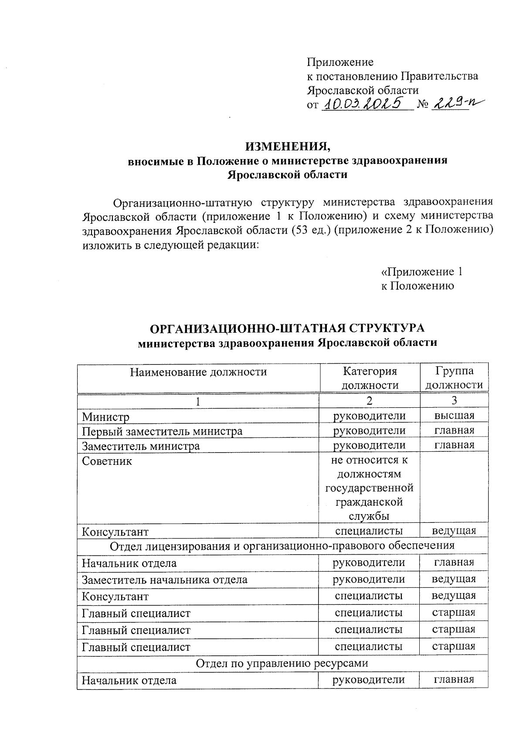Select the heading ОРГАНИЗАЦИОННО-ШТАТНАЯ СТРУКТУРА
[287, 327]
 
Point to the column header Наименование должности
[198, 372]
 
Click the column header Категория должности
[370, 378]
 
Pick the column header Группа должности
[454, 378]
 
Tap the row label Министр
[106, 417]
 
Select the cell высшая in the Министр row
[454, 416]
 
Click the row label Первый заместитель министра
[162, 431]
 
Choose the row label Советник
[107, 461]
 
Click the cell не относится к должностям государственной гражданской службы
[370, 488]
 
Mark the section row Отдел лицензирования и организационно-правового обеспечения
[282, 546]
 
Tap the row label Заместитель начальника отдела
[165, 580]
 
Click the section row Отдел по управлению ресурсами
[282, 663]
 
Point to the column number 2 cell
[370, 401]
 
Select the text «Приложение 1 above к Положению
[421, 272]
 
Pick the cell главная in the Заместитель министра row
[454, 445]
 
